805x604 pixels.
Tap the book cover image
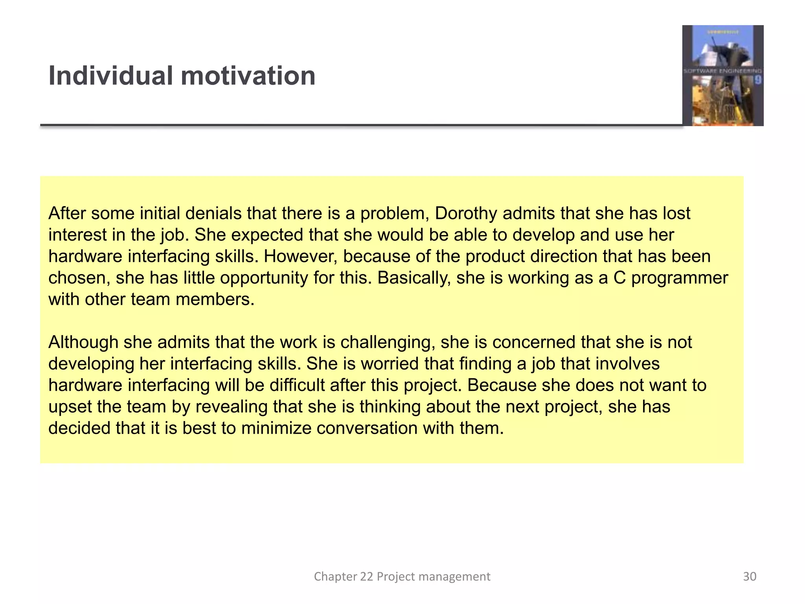[722, 75]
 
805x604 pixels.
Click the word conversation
[367, 428]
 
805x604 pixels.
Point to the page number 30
[750, 576]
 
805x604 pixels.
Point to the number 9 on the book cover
[757, 80]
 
